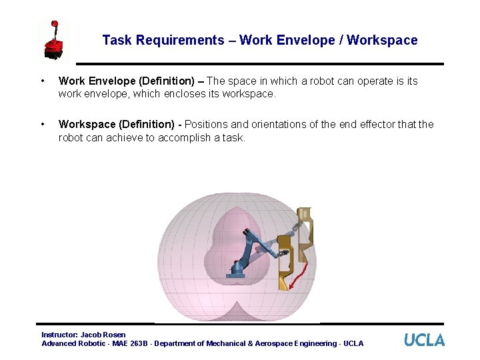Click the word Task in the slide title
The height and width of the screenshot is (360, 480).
click(x=117, y=40)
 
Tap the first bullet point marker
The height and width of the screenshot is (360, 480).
click(x=43, y=81)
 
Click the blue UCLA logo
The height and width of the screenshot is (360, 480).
click(x=424, y=339)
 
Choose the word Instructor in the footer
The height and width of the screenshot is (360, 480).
click(x=59, y=335)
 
